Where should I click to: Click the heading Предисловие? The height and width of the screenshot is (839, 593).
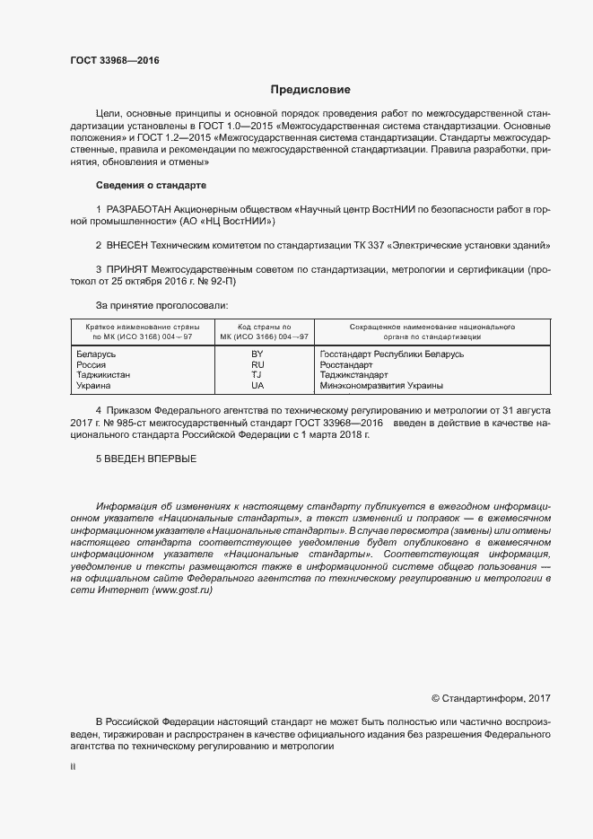310,90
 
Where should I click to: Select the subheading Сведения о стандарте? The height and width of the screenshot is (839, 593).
151,185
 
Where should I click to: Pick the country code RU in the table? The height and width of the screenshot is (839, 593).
257,365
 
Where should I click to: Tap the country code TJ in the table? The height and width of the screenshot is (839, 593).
257,375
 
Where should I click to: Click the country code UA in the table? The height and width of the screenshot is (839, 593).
257,385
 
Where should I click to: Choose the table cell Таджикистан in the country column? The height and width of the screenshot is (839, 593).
104,375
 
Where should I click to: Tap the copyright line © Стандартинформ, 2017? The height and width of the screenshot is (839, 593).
491,697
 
